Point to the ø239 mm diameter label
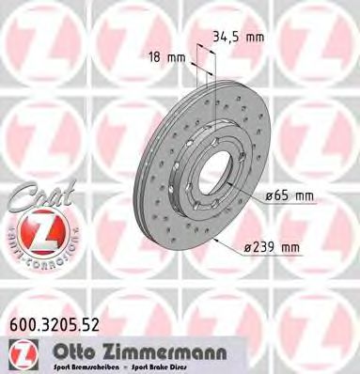[272, 246]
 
